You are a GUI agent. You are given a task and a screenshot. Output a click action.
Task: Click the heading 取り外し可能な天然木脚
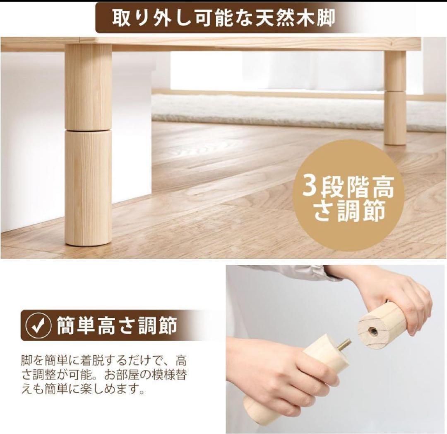tap(223, 19)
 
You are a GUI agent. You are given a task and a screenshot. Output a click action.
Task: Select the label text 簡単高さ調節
tap(117, 326)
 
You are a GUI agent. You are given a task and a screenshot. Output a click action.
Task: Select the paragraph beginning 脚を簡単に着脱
tap(104, 374)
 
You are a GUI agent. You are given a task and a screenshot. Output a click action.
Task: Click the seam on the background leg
tap(395, 91)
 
